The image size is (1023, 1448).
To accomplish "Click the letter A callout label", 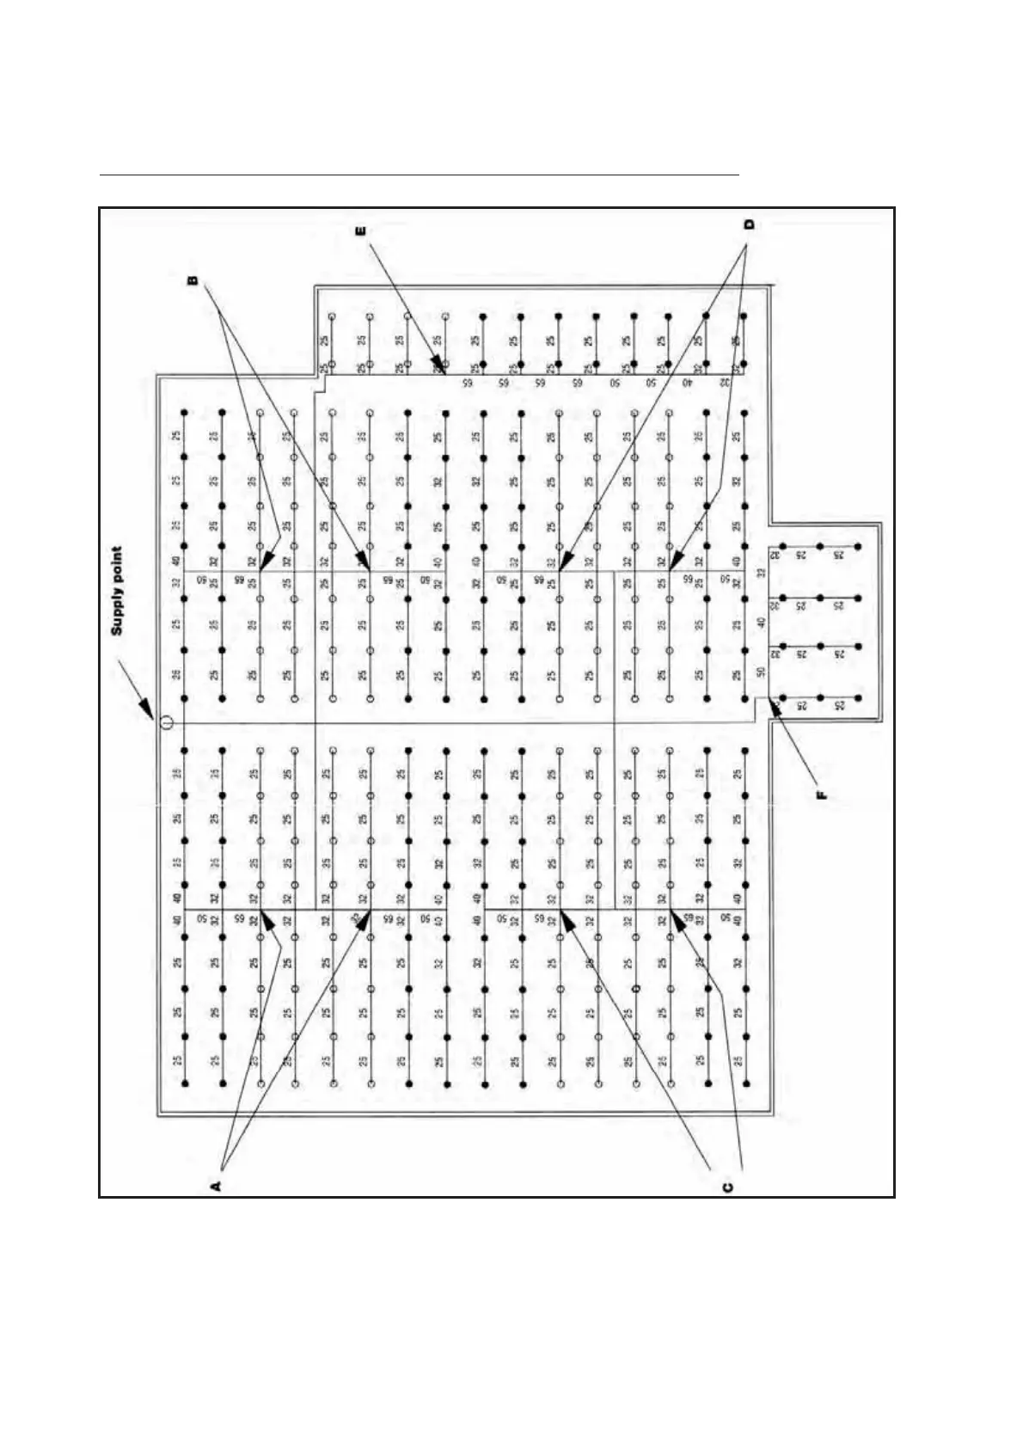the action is pos(217,1186).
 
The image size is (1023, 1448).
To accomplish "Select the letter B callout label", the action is pos(193,279).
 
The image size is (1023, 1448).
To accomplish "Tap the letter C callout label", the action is pos(726,1187).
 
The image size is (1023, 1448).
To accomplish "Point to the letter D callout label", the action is pos(749,225).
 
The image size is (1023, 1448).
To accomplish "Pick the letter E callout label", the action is pos(360,230).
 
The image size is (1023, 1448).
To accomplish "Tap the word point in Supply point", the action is pos(118,568).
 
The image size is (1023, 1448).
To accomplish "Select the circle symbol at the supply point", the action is pos(166,723).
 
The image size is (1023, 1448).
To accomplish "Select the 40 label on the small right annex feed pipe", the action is pos(760,623).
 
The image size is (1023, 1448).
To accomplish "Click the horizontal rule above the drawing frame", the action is pos(420,175).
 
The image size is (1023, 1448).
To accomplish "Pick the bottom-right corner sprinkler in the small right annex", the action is pos(857,696).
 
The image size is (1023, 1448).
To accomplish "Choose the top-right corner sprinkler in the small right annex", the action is pos(857,547).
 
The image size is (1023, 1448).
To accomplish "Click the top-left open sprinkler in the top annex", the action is pos(332,317).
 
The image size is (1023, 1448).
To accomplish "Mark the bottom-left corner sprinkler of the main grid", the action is pos(185,1084).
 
